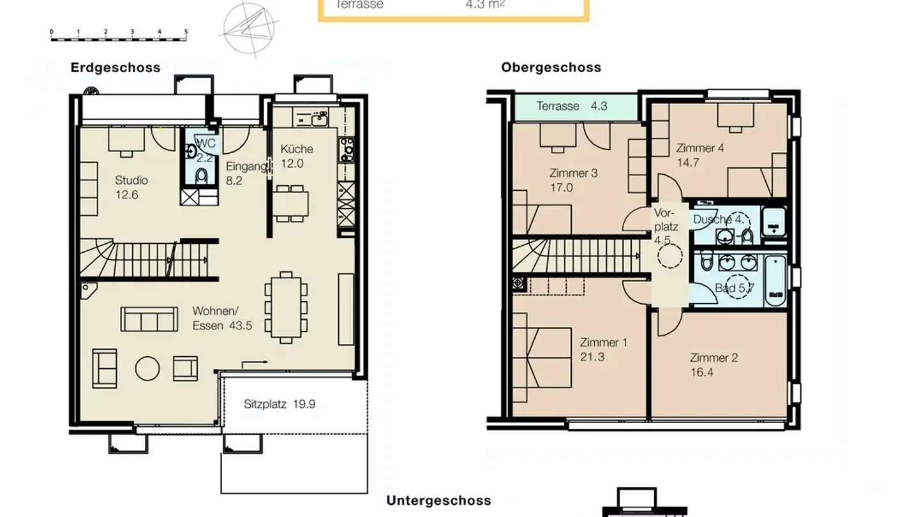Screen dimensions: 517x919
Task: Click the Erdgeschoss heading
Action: (116, 68)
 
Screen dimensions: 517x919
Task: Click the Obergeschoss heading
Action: (551, 68)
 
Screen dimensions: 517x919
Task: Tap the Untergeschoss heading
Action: (438, 501)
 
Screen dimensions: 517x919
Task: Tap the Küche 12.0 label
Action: (296, 156)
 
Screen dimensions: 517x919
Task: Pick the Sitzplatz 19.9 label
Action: (280, 404)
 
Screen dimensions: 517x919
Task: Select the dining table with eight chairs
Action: (287, 306)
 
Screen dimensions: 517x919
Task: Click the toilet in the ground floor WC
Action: (202, 176)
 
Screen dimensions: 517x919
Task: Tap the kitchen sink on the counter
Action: (318, 119)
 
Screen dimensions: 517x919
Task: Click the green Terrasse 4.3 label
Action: (571, 107)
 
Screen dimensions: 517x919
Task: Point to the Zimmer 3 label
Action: (573, 180)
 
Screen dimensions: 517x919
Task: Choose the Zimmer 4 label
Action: (699, 155)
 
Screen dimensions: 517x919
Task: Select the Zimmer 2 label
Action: (713, 364)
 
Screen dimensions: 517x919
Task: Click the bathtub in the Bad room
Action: (775, 281)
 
